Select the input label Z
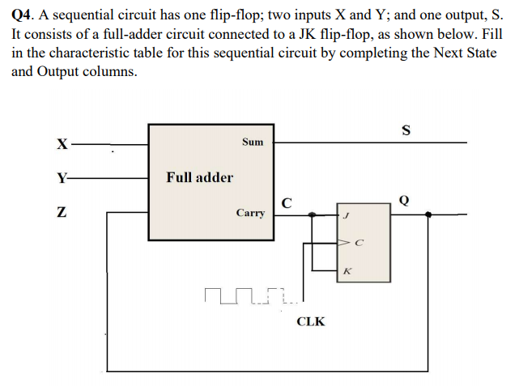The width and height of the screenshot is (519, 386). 61,213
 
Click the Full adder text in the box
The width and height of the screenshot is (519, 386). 199,177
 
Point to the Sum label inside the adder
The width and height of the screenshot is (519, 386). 253,142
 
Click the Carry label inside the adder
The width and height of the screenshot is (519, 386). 250,213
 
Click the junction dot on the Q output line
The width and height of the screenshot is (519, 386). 428,215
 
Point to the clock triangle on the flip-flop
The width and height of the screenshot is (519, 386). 342,242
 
